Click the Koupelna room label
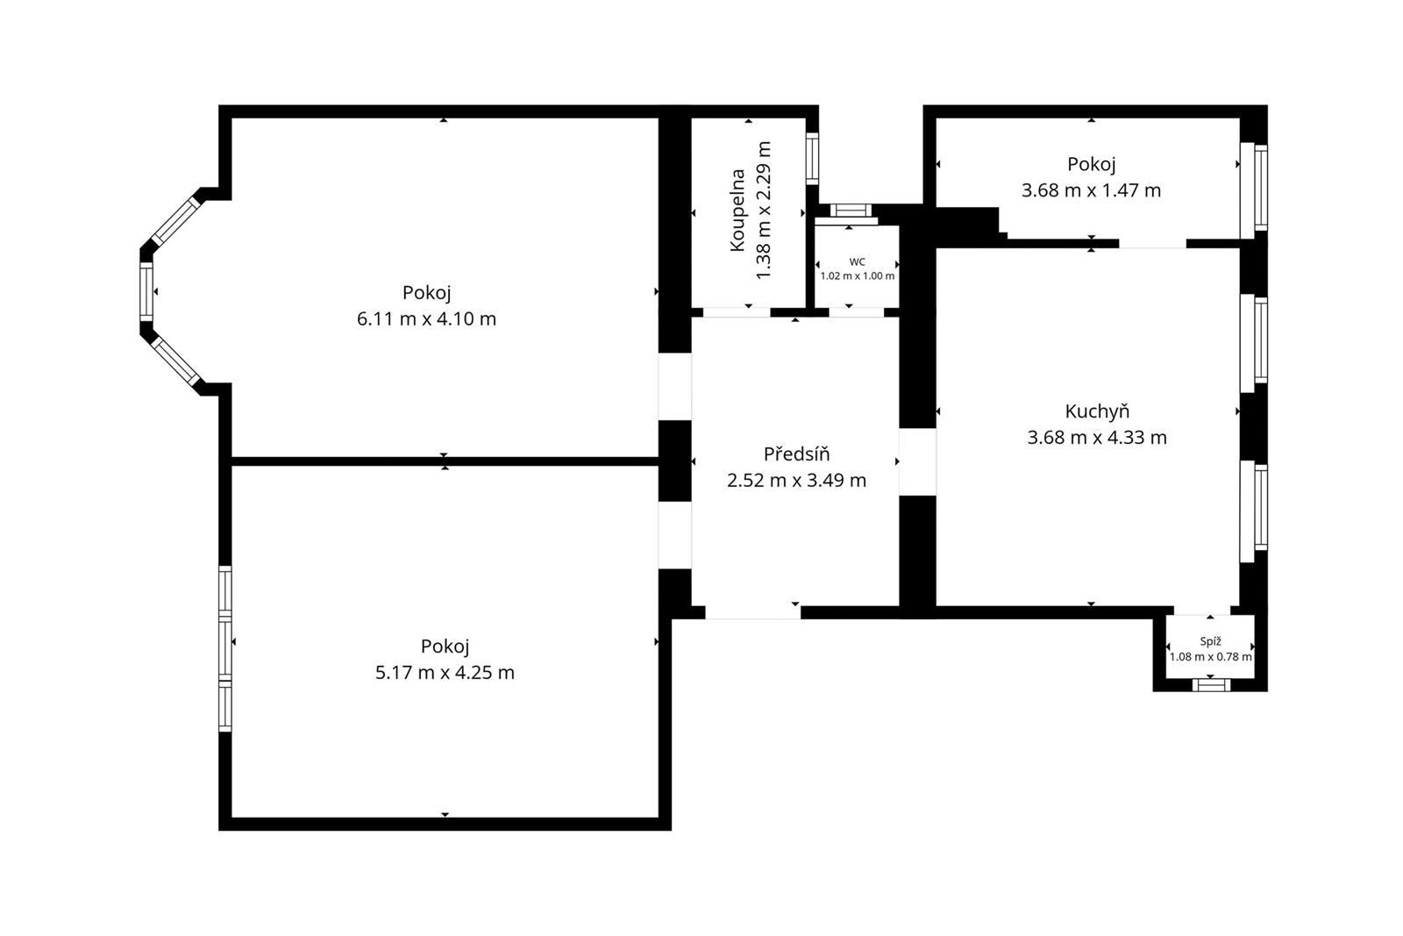(737, 211)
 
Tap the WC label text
(857, 262)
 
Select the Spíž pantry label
(1210, 641)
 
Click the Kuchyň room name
(1097, 411)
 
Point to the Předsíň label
(796, 454)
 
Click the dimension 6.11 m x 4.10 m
(426, 319)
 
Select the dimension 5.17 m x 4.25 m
(445, 672)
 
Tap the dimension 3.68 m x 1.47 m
(1091, 189)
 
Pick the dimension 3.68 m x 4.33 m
(1097, 438)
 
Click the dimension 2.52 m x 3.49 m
(796, 480)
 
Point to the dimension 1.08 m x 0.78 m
(1210, 656)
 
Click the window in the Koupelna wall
(812, 159)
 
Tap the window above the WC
(850, 211)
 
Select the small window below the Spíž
(1211, 685)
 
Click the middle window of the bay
(146, 292)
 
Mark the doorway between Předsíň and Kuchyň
(917, 461)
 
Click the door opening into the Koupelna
(737, 312)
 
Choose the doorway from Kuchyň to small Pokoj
(1152, 244)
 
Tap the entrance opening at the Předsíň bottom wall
(753, 612)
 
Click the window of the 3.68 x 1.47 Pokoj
(1255, 188)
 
